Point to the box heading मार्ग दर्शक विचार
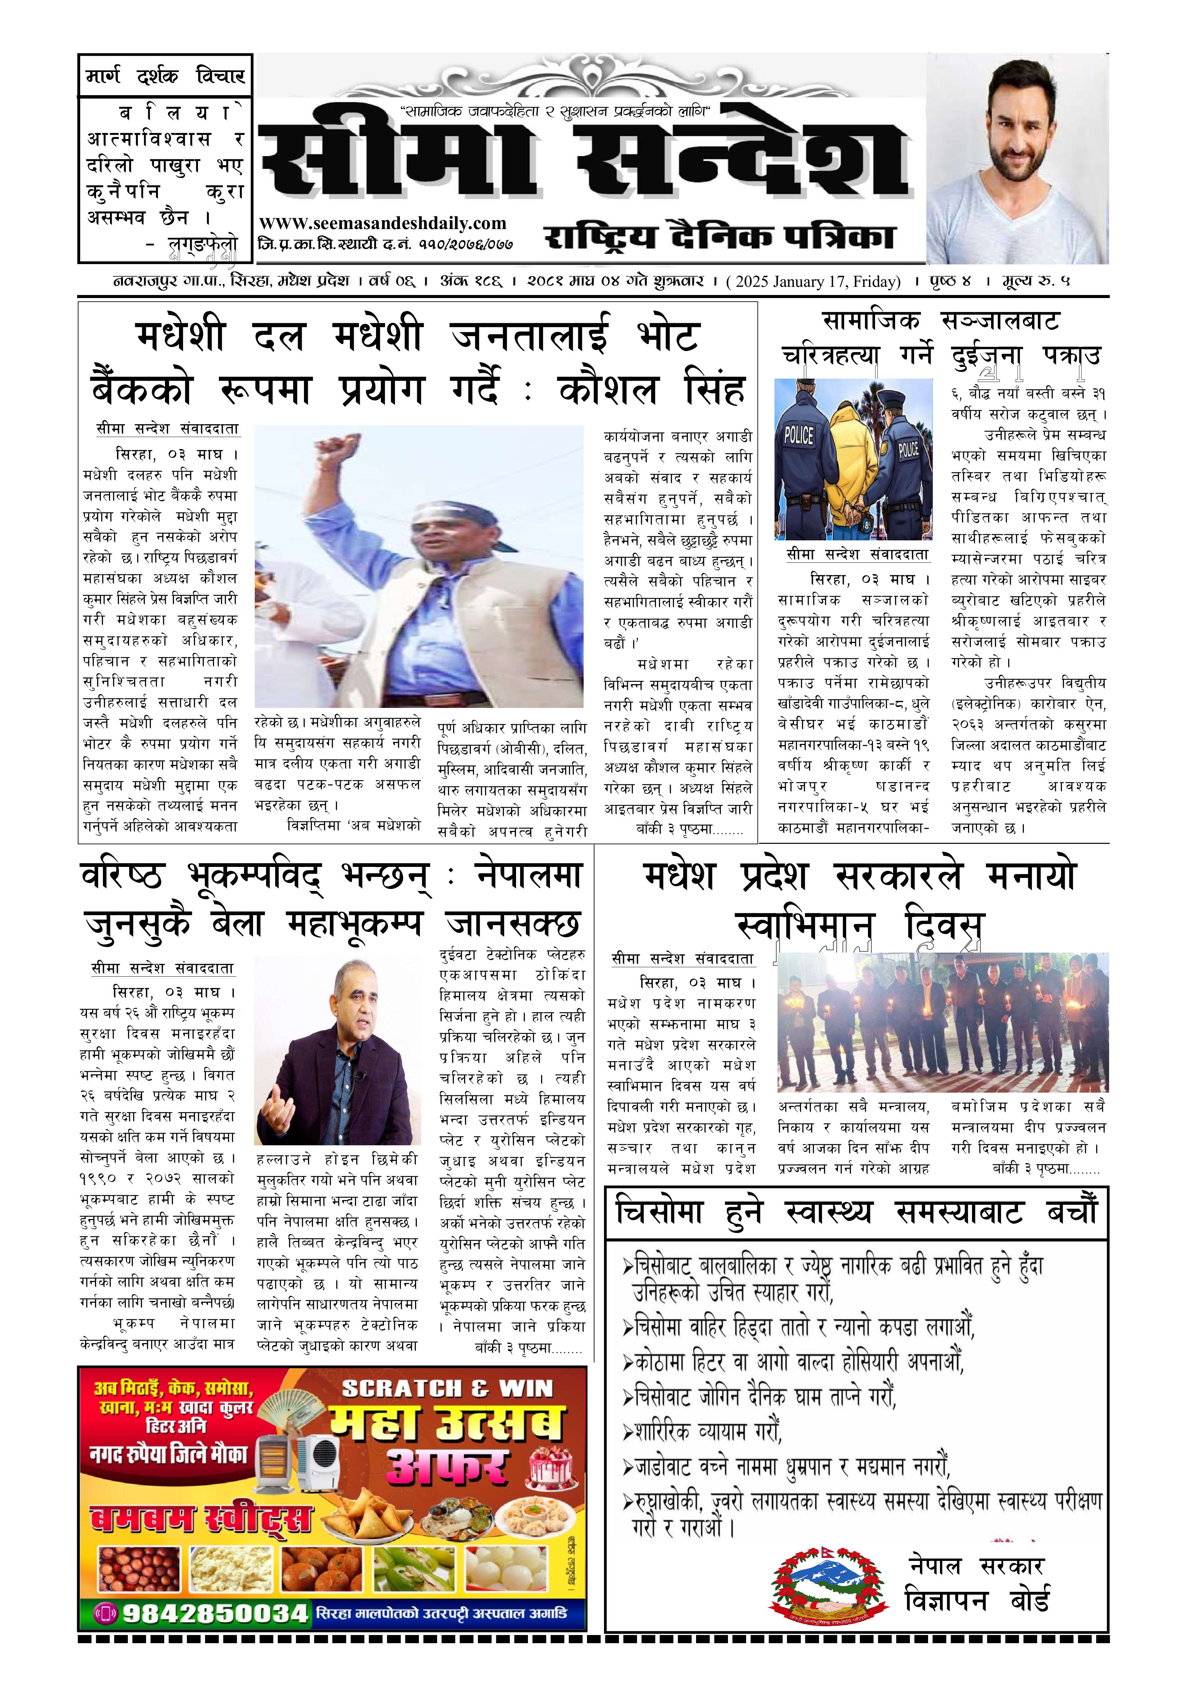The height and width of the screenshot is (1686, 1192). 165,76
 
